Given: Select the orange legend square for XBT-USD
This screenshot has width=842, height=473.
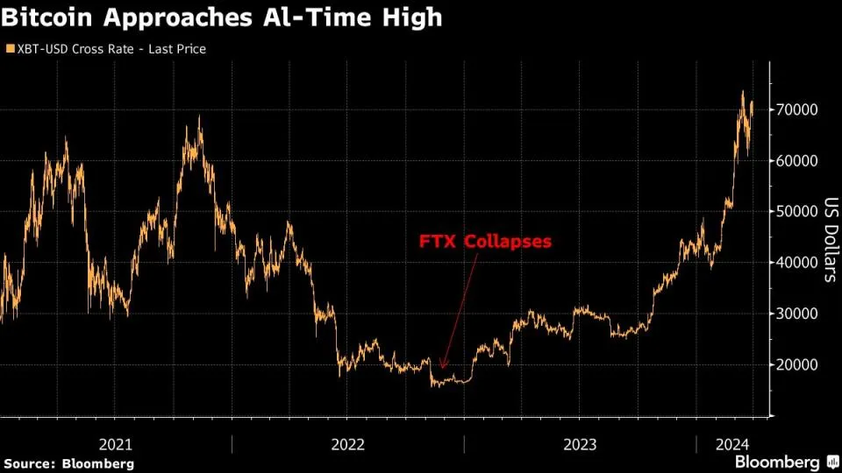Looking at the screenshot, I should click(x=9, y=49).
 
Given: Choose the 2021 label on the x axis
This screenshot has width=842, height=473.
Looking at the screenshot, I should click(x=117, y=444).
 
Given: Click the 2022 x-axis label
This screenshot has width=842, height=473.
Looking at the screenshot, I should click(x=348, y=444).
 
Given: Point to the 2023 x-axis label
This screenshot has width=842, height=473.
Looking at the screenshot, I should click(x=580, y=444).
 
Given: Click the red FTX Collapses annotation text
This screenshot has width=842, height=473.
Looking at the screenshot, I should click(x=485, y=241).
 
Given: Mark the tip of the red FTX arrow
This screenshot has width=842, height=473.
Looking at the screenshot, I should click(x=442, y=370).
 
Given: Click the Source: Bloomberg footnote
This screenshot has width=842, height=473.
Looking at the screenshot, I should click(x=69, y=462).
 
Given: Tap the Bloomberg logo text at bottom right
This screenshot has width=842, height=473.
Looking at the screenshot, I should click(x=777, y=462).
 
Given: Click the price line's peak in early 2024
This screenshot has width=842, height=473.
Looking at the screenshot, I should click(x=743, y=91).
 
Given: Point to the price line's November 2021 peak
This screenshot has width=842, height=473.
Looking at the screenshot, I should click(x=201, y=116).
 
